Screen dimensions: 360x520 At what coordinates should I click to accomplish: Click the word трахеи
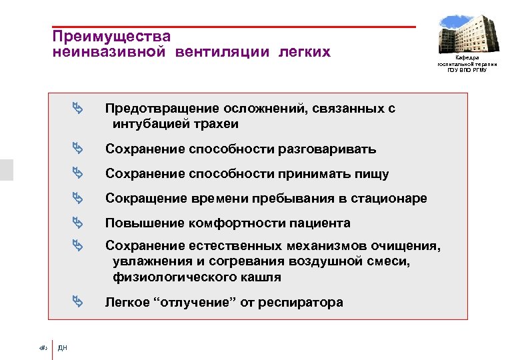point(215,124)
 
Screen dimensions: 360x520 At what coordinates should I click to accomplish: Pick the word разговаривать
point(326,149)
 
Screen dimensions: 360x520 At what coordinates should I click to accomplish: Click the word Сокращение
point(142,199)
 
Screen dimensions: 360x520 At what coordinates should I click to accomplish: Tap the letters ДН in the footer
point(63,347)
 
